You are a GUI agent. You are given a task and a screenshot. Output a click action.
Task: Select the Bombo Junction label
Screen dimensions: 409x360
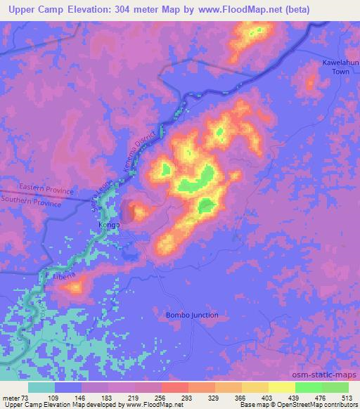point(192,315)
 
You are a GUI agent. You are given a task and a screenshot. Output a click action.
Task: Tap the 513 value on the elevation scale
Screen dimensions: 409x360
point(348,398)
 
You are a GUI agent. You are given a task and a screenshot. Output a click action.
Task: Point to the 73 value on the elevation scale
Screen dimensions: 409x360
point(30,398)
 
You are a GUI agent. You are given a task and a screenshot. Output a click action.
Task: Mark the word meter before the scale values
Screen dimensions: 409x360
point(12,398)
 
